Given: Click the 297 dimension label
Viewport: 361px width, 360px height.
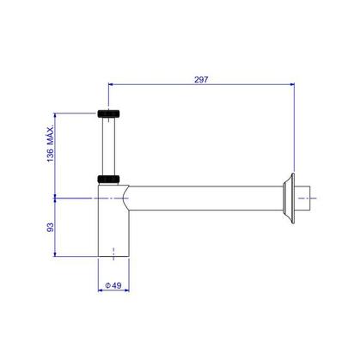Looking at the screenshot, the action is pyautogui.click(x=201, y=79).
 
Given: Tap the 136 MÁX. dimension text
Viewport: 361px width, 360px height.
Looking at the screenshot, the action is pyautogui.click(x=51, y=143).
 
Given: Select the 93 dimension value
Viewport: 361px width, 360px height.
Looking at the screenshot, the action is pyautogui.click(x=50, y=228).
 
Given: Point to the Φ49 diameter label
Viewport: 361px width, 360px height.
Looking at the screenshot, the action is pyautogui.click(x=113, y=285).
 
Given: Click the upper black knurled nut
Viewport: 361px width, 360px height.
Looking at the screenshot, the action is pyautogui.click(x=108, y=113).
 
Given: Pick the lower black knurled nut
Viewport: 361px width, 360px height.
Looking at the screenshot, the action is pyautogui.click(x=108, y=180).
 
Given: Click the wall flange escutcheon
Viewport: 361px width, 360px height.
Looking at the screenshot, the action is pyautogui.click(x=289, y=198).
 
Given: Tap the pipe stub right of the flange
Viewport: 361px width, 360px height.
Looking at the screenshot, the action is pyautogui.click(x=303, y=198).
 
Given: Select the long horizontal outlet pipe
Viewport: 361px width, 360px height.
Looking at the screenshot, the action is pyautogui.click(x=205, y=198).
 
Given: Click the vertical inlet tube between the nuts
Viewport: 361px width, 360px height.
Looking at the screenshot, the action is pyautogui.click(x=108, y=147).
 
